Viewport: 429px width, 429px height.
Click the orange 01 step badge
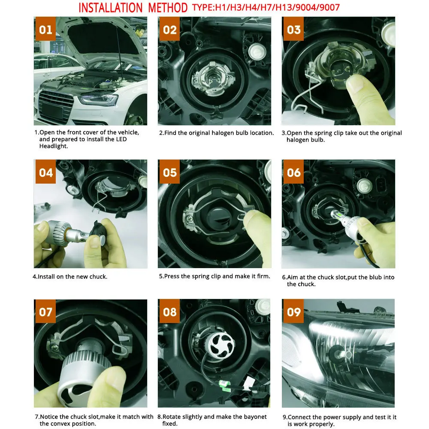click(45, 29)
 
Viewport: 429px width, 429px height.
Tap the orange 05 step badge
click(169, 172)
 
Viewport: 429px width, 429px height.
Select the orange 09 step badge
click(293, 311)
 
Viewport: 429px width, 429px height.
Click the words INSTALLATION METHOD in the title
click(133, 8)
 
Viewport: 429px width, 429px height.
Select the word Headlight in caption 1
click(53, 146)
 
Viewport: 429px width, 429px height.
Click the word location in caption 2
click(262, 133)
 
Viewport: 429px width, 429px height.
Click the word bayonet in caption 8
click(255, 417)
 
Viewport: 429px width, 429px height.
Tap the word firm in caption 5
click(263, 276)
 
